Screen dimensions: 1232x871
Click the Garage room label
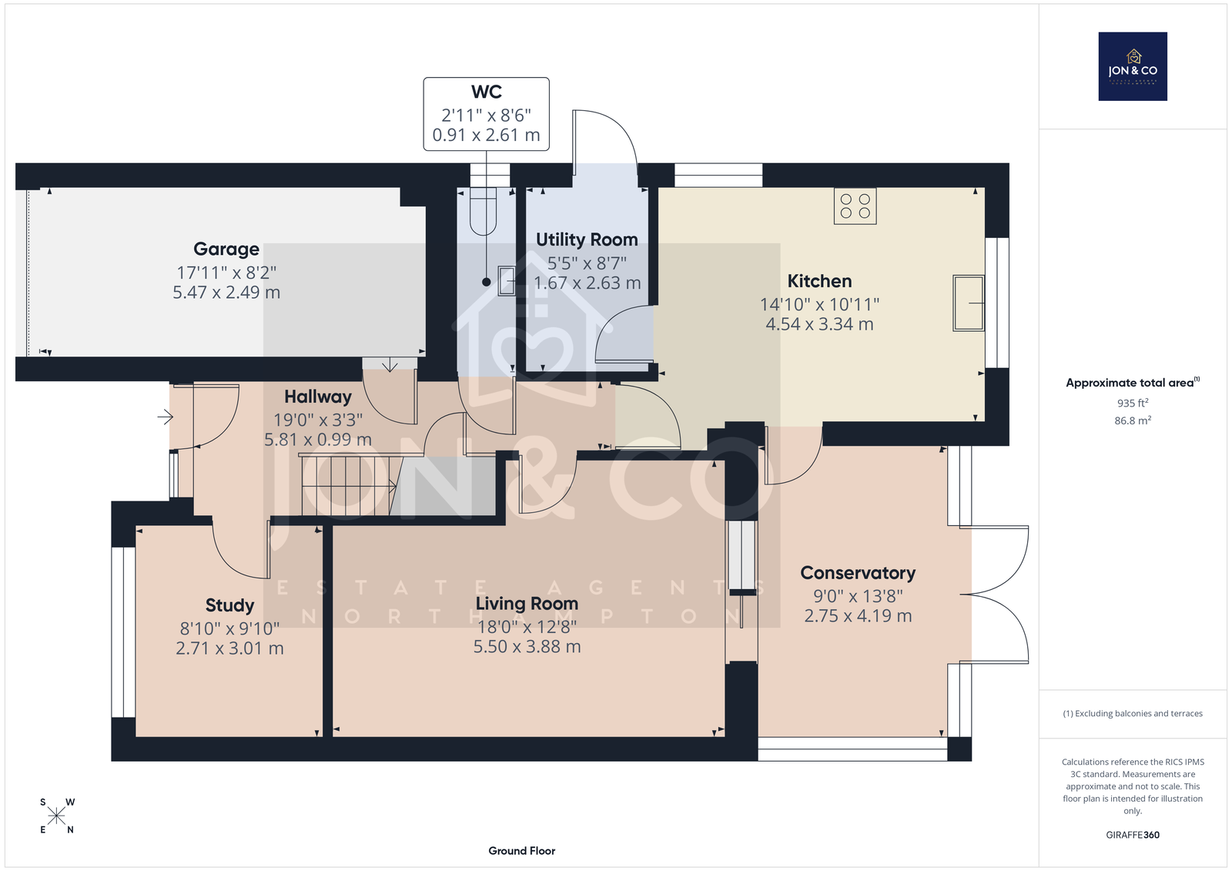(x=226, y=250)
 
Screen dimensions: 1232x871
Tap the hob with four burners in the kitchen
(x=855, y=206)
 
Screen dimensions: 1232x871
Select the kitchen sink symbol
(x=969, y=303)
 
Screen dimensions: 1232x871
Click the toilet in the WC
(x=483, y=211)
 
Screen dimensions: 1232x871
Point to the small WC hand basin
(x=506, y=280)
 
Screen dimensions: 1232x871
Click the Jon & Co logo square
(x=1133, y=66)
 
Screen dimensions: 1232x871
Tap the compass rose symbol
(x=57, y=816)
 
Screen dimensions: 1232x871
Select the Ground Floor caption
(x=521, y=851)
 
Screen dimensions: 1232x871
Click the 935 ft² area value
(x=1133, y=403)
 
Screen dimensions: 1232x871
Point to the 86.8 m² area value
(x=1133, y=421)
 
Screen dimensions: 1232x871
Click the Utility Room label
(x=587, y=240)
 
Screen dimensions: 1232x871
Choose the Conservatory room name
(x=858, y=573)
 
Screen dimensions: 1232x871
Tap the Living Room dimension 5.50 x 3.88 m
(x=527, y=646)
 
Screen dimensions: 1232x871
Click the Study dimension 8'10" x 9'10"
(x=229, y=628)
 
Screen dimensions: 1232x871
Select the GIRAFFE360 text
(x=1133, y=835)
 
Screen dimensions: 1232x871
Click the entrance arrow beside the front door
(x=165, y=417)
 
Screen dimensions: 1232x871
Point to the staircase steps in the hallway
(x=347, y=484)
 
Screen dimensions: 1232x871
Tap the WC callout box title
(x=486, y=92)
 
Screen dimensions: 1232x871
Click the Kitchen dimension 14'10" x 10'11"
(x=819, y=304)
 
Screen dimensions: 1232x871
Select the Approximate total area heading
(x=1133, y=383)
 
